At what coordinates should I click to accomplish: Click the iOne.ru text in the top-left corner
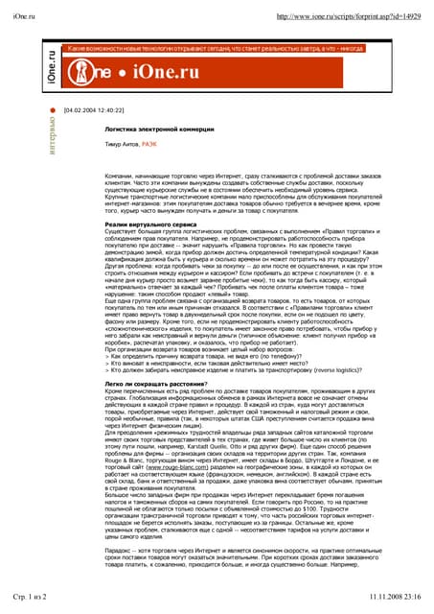[31, 16]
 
